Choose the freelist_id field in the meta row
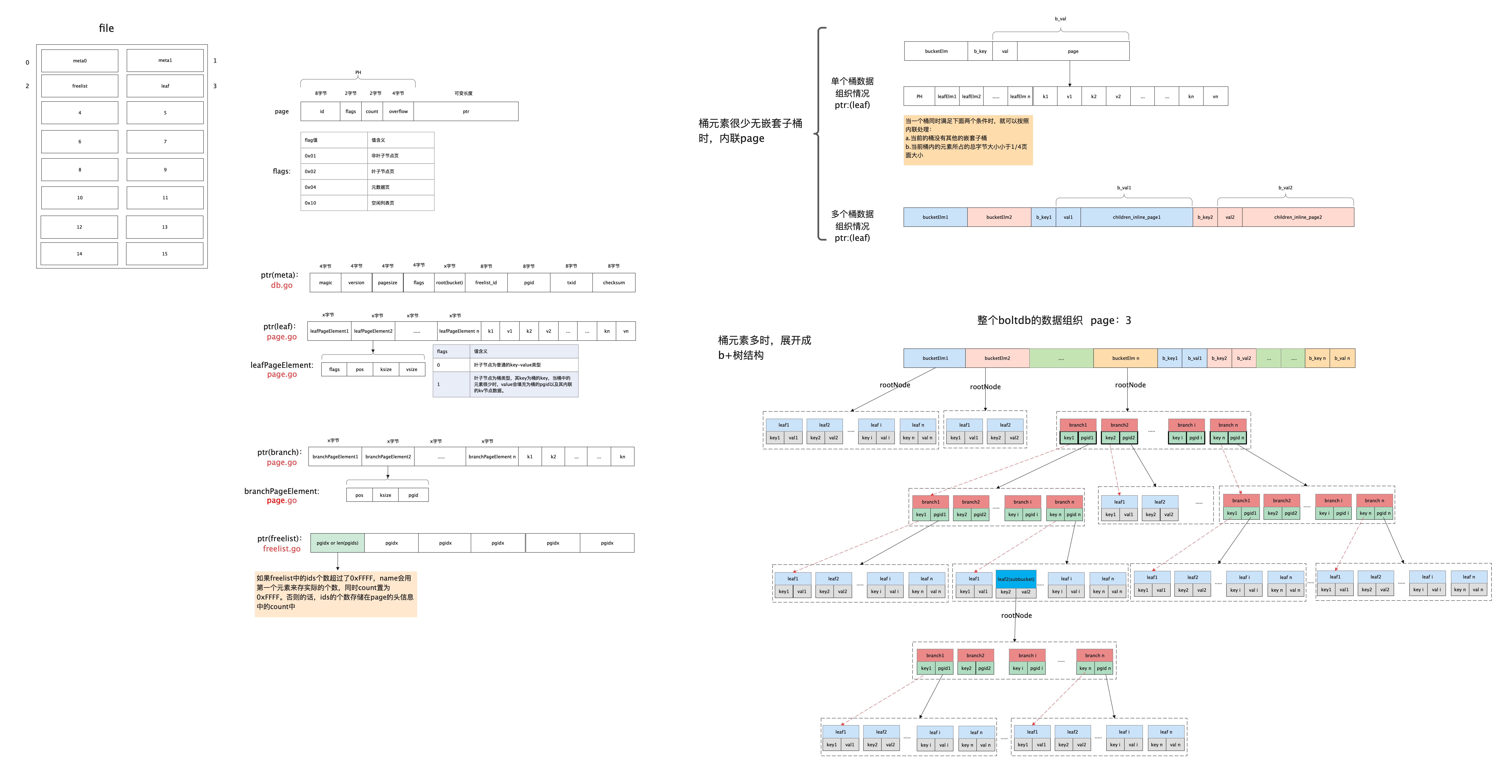point(486,283)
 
